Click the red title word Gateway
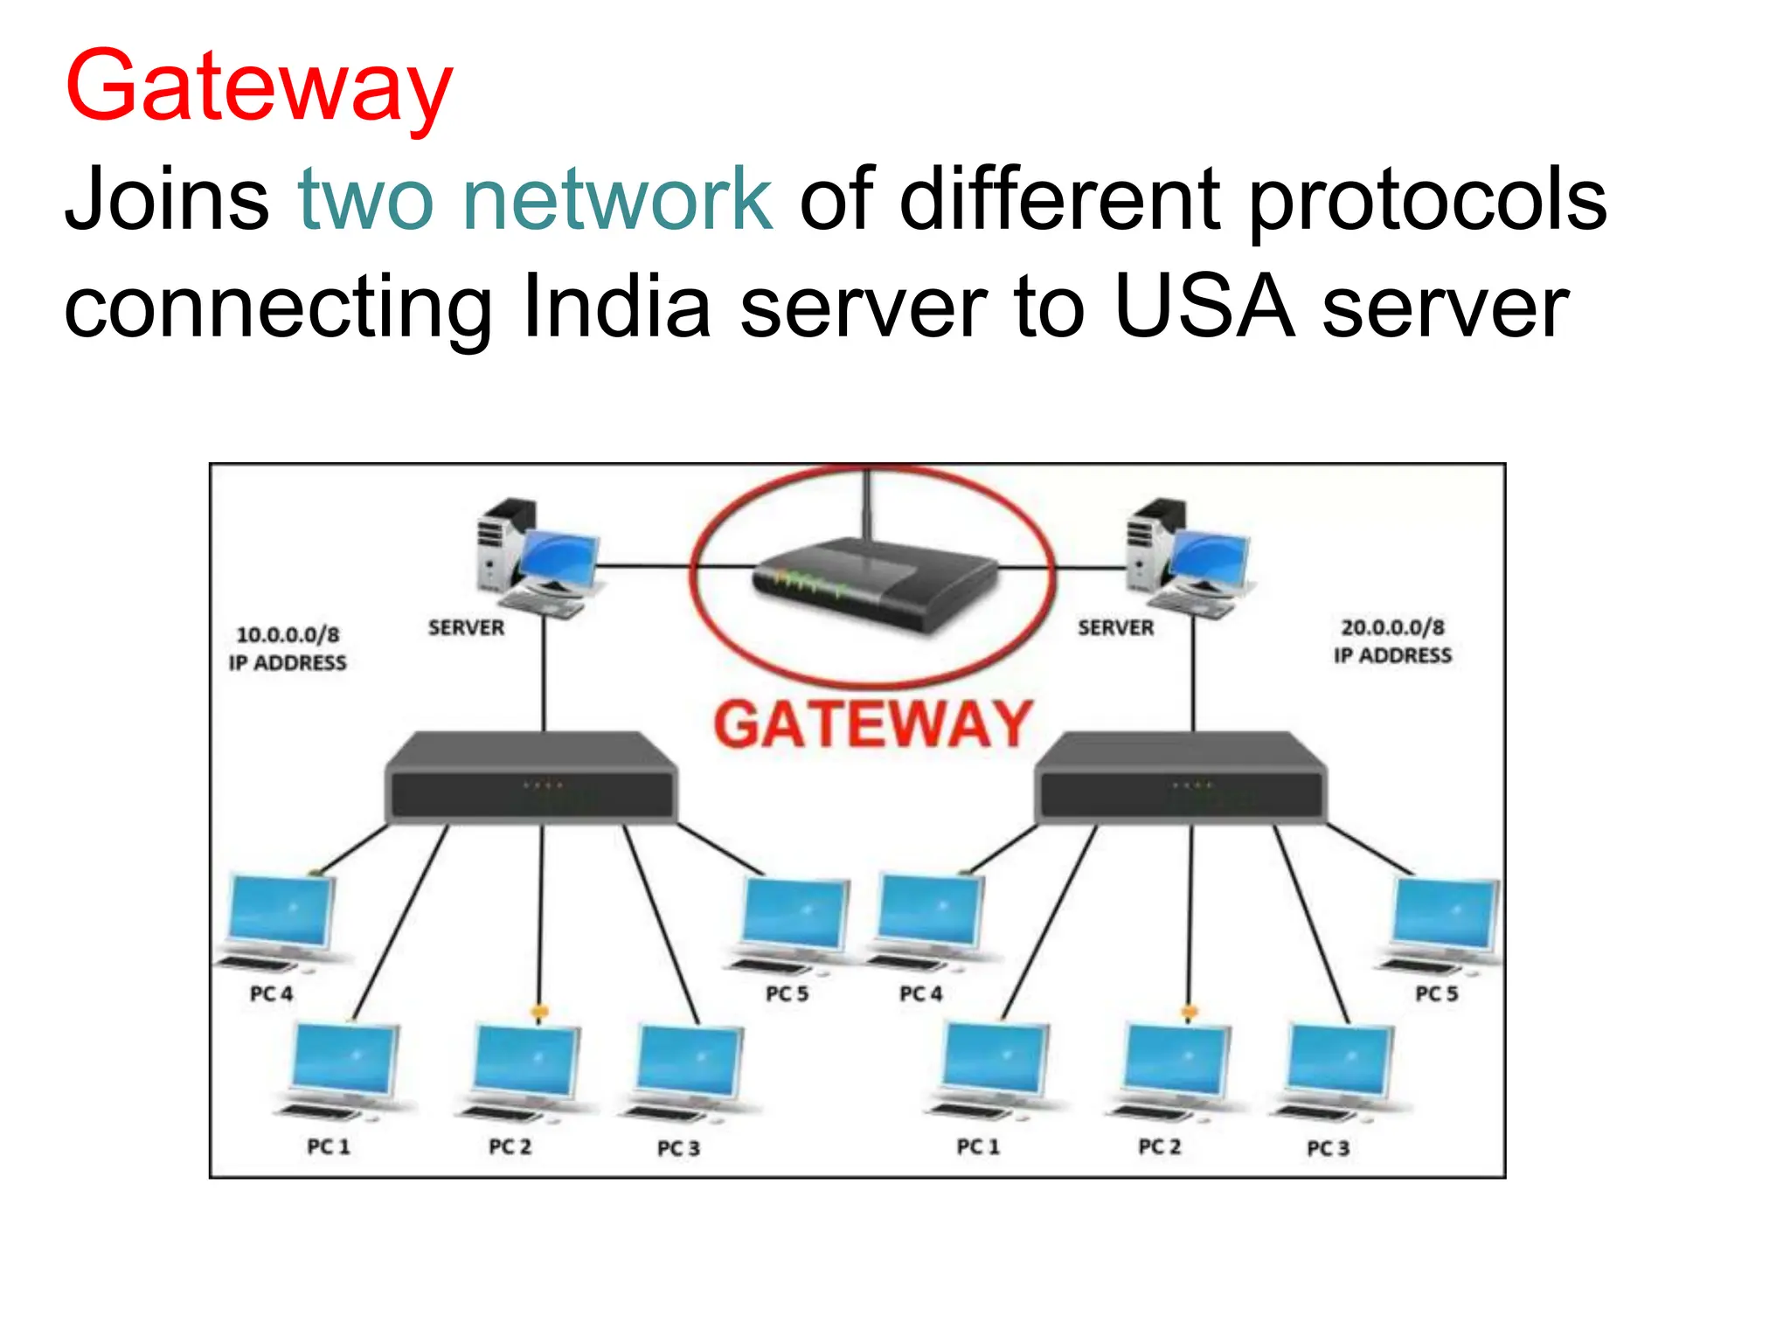coord(259,87)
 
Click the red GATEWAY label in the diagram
coord(872,724)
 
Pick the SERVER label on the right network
coord(1115,627)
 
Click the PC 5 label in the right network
coord(1436,993)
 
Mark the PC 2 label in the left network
coord(510,1146)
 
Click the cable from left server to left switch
coord(544,673)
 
